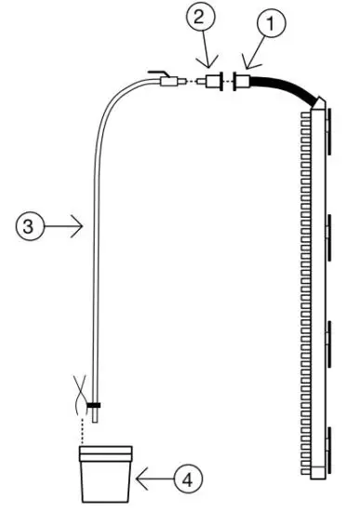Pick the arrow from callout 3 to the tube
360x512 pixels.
point(65,224)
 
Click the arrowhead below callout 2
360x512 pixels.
point(207,61)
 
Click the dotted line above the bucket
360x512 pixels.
point(85,428)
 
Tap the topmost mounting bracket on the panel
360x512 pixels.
point(330,117)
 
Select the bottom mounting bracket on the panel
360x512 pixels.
point(330,437)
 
